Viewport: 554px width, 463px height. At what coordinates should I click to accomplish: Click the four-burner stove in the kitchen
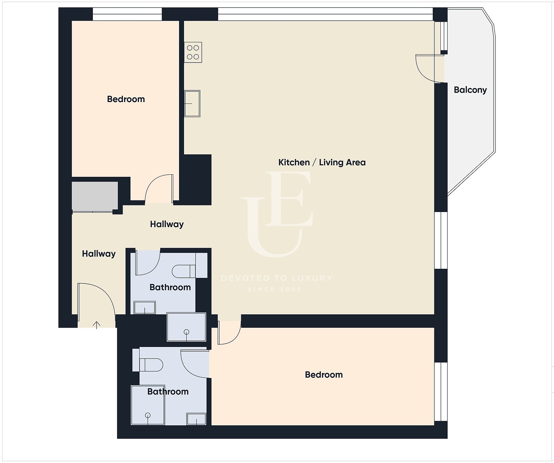point(193,52)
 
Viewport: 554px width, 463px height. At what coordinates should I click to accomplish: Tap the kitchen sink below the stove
point(192,103)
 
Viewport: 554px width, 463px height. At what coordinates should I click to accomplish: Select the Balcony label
point(470,90)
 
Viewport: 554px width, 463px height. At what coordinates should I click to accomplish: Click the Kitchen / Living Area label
point(322,162)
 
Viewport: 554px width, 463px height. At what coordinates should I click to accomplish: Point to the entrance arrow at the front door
point(96,325)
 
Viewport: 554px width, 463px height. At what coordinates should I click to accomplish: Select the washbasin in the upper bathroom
point(145,308)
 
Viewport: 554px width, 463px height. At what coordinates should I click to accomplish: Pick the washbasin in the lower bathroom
point(196,419)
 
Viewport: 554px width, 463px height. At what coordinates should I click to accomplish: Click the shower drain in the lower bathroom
point(148,415)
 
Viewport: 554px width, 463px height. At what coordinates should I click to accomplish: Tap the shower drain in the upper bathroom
point(187,332)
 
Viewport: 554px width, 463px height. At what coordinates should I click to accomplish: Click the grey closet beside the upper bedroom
point(95,197)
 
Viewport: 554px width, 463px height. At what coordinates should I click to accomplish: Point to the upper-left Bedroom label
point(126,99)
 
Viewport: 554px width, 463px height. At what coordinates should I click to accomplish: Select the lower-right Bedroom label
point(324,375)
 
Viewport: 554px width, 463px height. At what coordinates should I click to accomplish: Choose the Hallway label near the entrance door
point(99,254)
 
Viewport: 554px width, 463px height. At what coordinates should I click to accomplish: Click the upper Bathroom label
point(170,287)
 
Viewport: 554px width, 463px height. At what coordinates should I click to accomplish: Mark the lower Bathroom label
point(168,392)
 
